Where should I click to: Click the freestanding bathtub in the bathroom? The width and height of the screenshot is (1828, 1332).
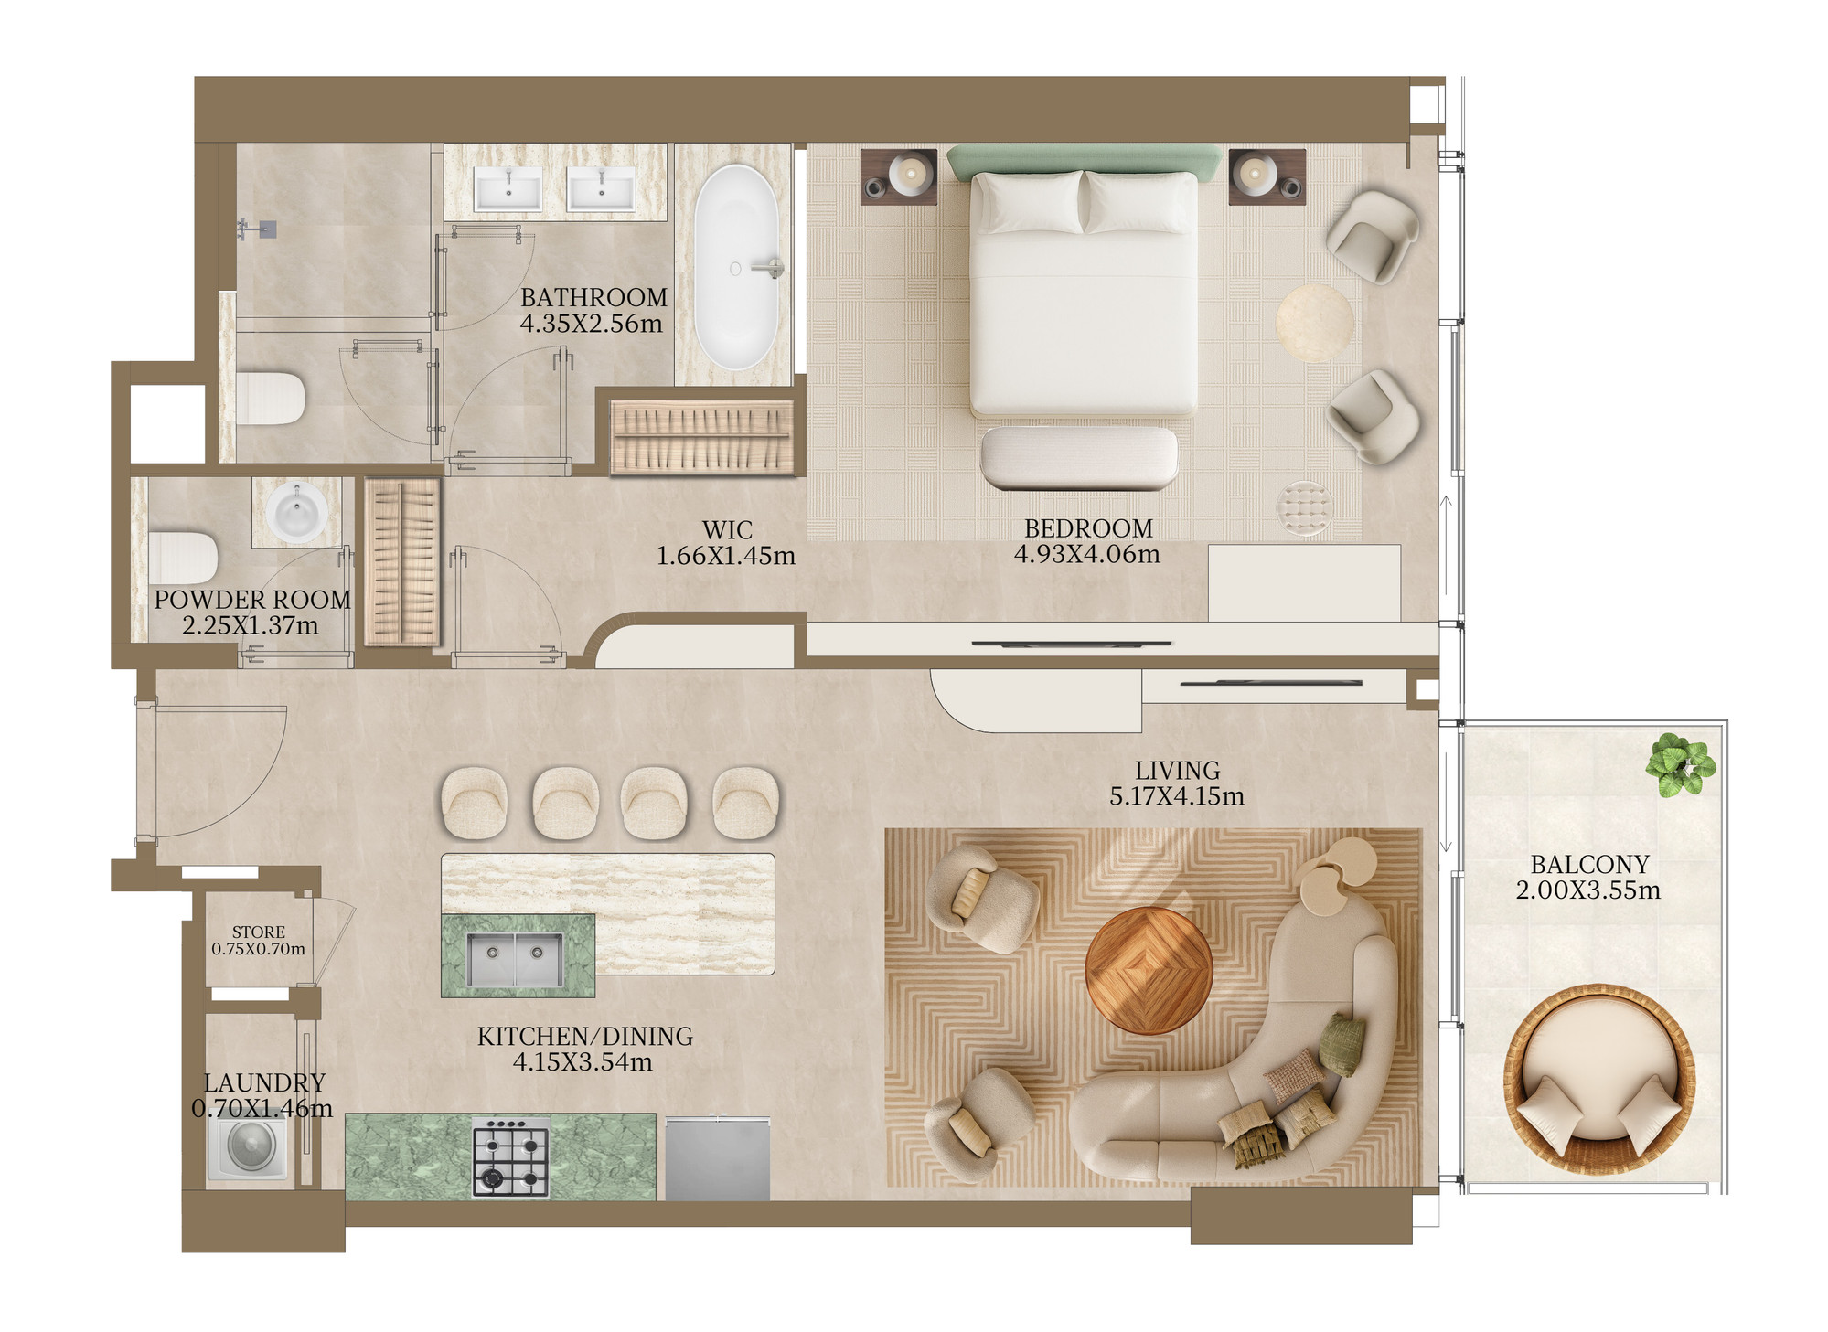736,267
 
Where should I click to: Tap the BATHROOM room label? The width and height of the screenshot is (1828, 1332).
593,298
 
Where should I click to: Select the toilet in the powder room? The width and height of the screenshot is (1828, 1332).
183,558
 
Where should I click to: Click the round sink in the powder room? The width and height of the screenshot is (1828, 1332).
296,513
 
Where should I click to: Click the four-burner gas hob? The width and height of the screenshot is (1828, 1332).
510,1156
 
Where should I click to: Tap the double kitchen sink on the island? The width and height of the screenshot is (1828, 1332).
515,959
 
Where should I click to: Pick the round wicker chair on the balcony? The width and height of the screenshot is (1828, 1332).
1599,1079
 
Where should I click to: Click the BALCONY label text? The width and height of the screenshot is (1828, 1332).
1589,864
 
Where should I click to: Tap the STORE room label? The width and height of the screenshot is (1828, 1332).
259,932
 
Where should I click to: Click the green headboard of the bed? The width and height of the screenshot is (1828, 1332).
1084,162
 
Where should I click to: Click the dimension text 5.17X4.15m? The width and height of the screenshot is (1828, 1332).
1177,796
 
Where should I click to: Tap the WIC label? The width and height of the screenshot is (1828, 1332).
727,530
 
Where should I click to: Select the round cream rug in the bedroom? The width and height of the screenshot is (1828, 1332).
1315,323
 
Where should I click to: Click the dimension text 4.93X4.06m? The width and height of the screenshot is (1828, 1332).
1087,554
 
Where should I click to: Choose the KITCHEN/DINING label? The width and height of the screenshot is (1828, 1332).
585,1036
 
